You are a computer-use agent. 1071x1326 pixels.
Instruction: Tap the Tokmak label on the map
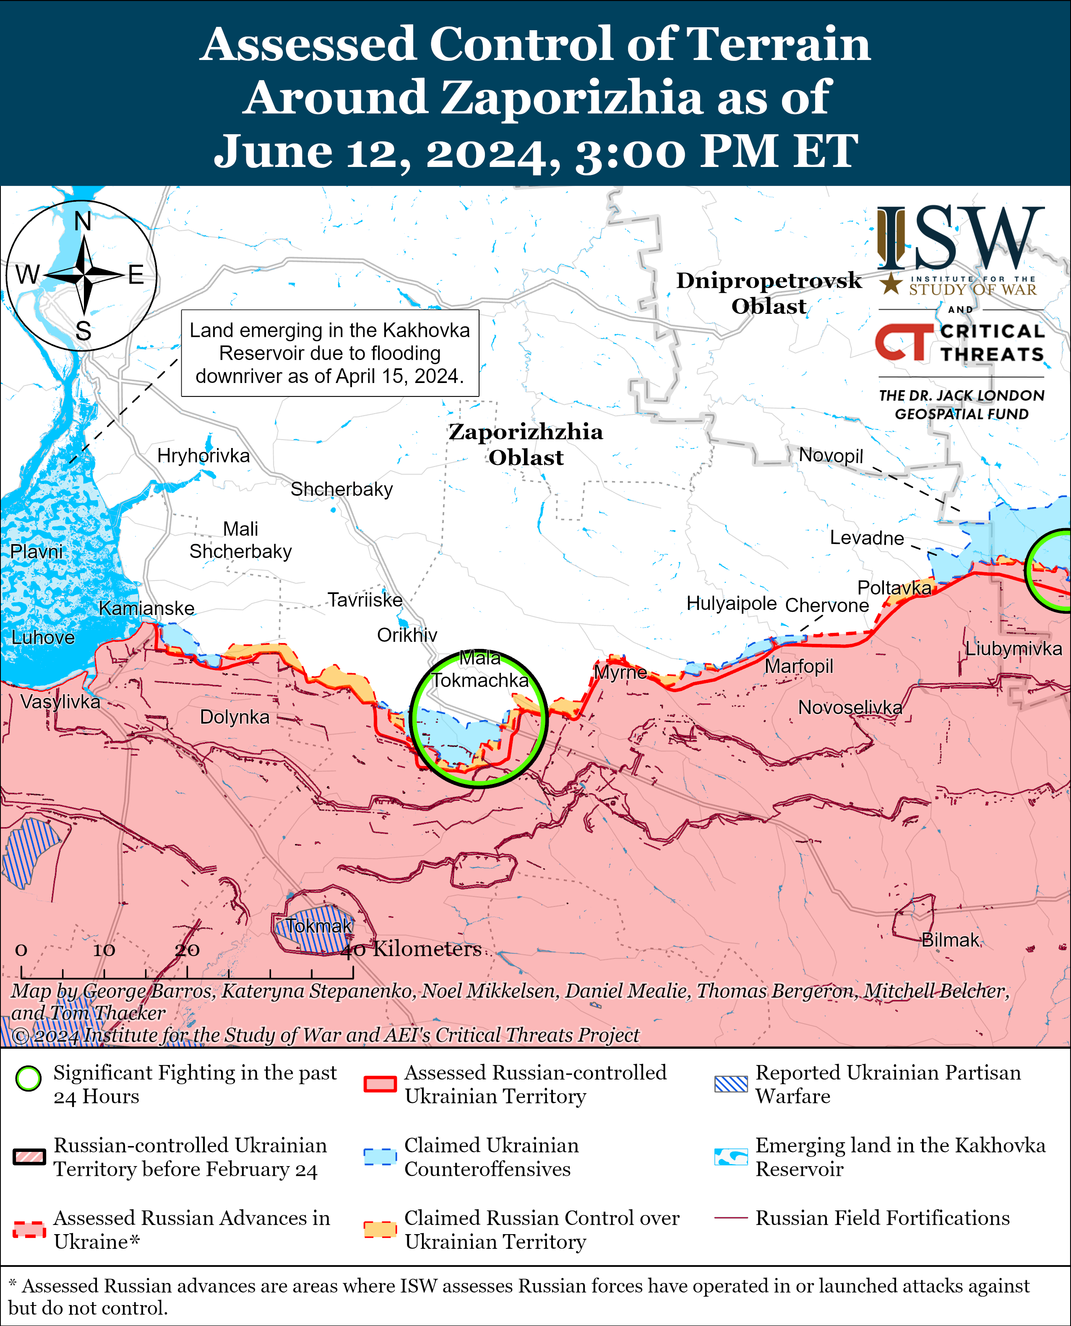pos(318,926)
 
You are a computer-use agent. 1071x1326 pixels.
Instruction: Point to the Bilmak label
pos(950,940)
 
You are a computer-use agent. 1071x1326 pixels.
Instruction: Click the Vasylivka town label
pos(60,701)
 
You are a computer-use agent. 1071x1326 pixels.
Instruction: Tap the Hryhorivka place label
pos(203,456)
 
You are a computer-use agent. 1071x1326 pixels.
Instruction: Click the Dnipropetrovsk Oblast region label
pos(768,293)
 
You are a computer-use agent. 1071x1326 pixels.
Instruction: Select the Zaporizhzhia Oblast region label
pos(526,444)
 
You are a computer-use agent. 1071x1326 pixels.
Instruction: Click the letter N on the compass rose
pos(83,221)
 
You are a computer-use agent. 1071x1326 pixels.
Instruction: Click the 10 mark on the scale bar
pos(104,950)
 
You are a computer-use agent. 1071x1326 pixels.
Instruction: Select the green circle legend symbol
pos(29,1079)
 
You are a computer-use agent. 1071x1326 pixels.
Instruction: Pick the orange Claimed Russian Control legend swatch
pos(379,1229)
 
